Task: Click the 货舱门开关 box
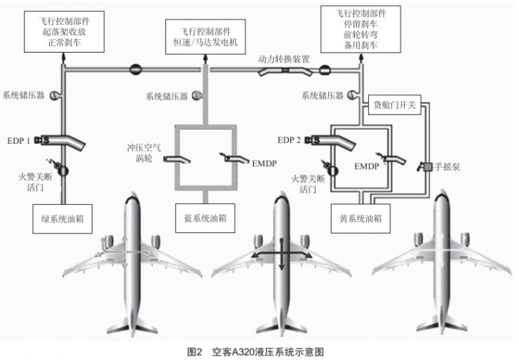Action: coord(394,107)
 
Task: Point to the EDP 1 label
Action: coord(18,140)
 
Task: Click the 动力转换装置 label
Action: coord(284,59)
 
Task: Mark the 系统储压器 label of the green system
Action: coord(23,95)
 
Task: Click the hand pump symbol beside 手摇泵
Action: coord(424,167)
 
